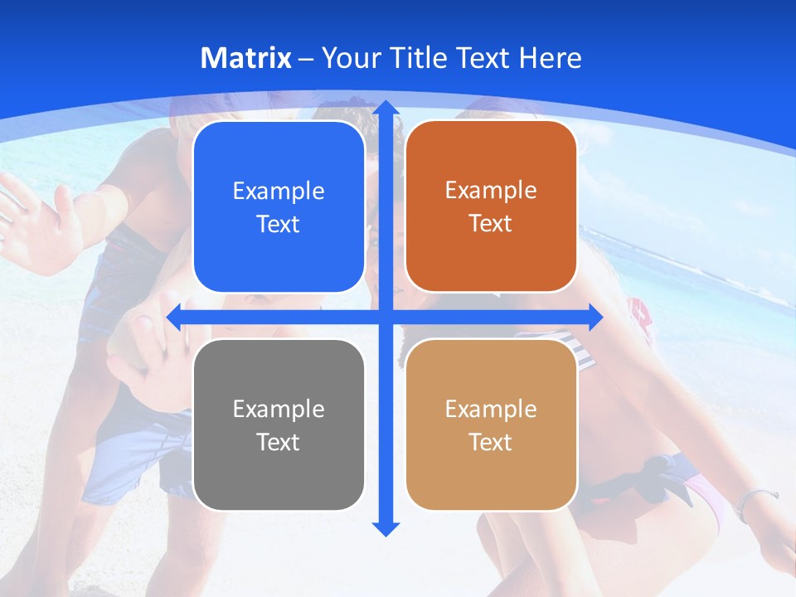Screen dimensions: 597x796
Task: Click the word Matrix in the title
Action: [246, 58]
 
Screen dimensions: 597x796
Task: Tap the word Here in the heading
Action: [550, 58]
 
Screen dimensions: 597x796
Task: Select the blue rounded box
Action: [279, 207]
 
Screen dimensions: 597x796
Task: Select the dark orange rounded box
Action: [491, 206]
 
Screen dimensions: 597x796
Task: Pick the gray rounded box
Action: [279, 425]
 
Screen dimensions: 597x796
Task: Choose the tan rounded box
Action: [491, 425]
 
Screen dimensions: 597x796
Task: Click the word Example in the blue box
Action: [279, 192]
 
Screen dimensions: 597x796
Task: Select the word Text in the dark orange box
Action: [491, 224]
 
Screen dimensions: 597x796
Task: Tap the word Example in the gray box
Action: [279, 409]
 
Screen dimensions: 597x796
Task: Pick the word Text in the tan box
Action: [491, 442]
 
